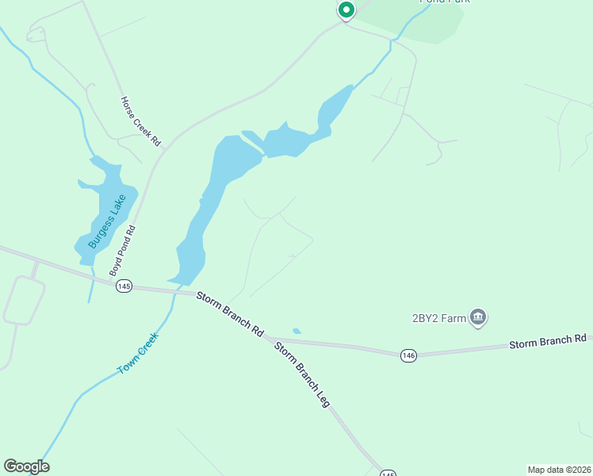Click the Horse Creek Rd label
[x=140, y=121]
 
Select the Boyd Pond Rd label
[x=122, y=251]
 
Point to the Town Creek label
[x=138, y=353]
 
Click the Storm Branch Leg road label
[x=302, y=374]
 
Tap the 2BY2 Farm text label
[x=438, y=319]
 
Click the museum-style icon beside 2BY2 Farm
[x=478, y=318]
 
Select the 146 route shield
[x=408, y=355]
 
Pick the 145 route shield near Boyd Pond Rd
[x=124, y=286]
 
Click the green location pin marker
[x=346, y=10]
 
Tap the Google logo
[x=26, y=466]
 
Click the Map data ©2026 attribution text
[x=558, y=469]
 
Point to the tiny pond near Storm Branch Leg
[x=296, y=331]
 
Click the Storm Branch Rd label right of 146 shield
[x=548, y=340]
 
